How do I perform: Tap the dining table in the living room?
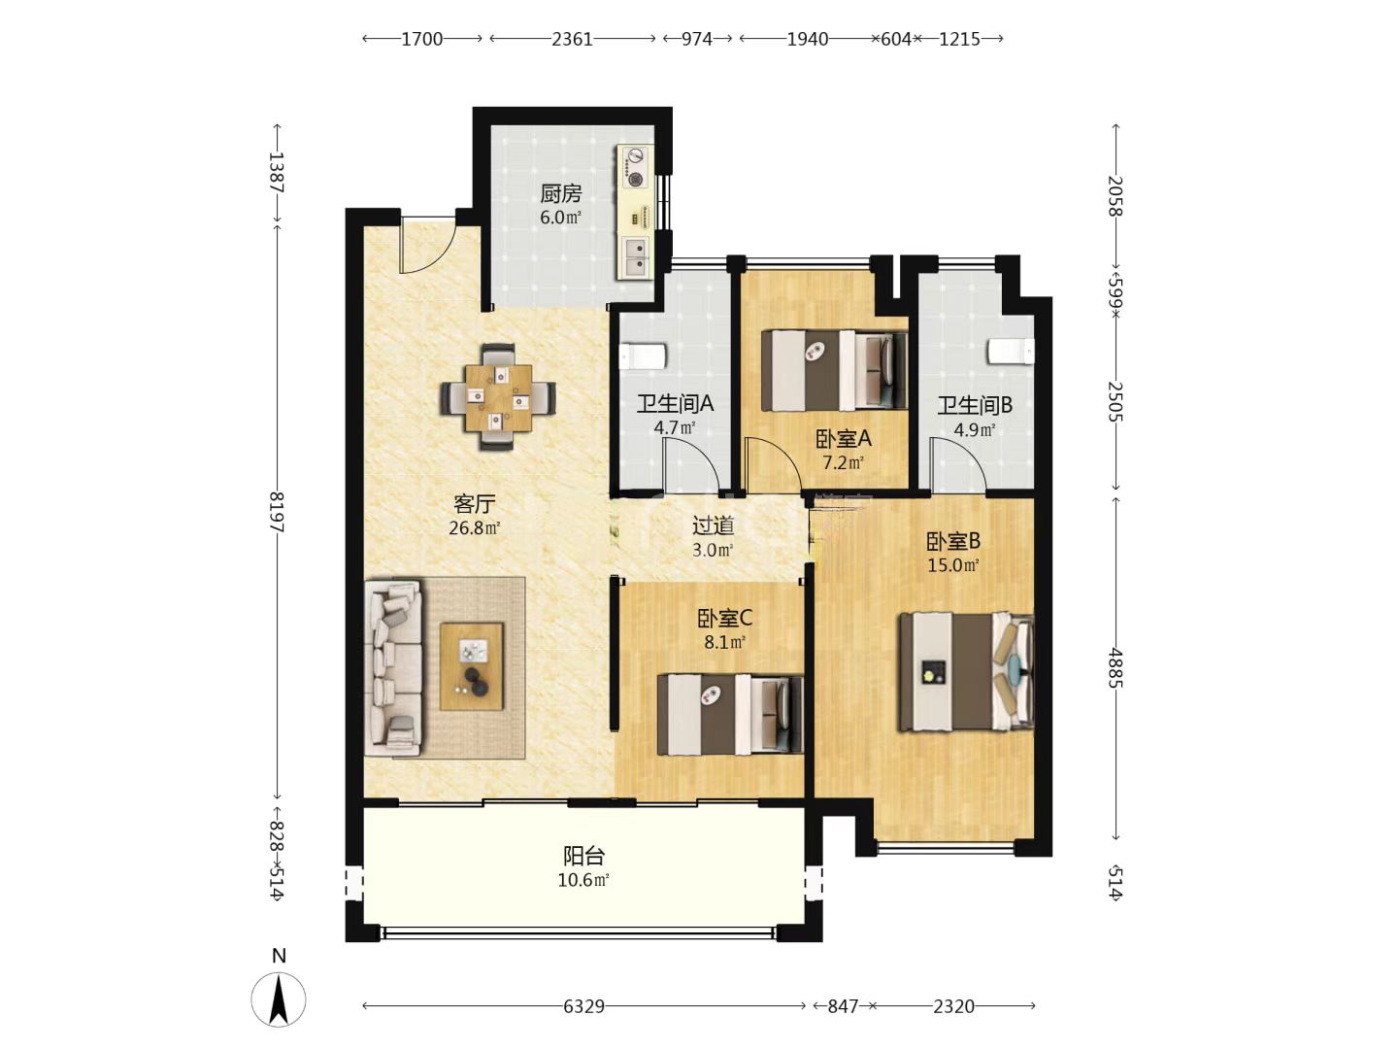pyautogui.click(x=498, y=397)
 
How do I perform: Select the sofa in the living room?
pyautogui.click(x=394, y=667)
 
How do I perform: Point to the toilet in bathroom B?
pyautogui.click(x=1012, y=352)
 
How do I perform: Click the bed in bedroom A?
pyautogui.click(x=834, y=370)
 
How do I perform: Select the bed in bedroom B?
pyautogui.click(x=966, y=672)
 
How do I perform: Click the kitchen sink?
pyautogui.click(x=635, y=256)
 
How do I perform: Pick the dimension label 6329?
pyautogui.click(x=583, y=1006)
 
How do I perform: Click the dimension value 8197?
pyautogui.click(x=277, y=512)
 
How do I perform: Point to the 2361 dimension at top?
pyautogui.click(x=572, y=39)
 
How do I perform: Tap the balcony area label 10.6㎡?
pyautogui.click(x=583, y=881)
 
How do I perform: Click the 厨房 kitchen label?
pyautogui.click(x=560, y=192)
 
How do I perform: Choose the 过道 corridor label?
pyautogui.click(x=714, y=525)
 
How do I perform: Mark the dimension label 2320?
pyautogui.click(x=953, y=1006)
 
